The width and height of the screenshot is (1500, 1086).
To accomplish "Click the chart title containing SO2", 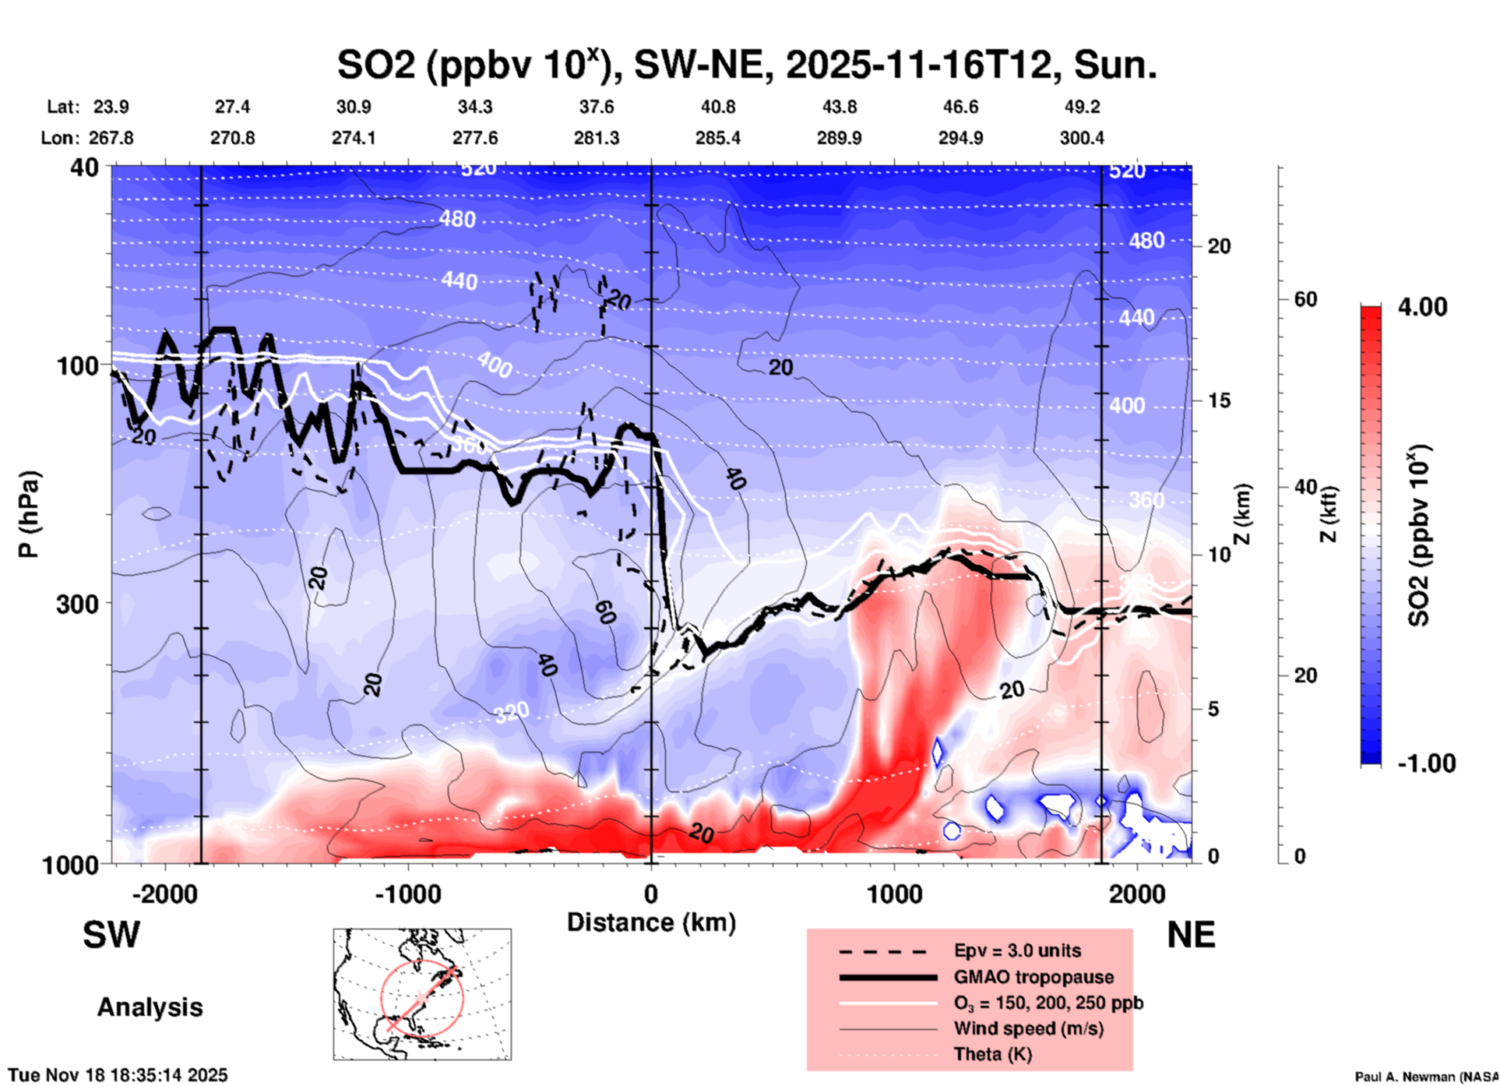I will [x=746, y=65].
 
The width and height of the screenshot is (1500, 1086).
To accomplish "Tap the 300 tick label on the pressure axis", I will [x=78, y=604].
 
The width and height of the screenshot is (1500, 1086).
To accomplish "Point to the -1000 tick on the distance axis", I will [x=408, y=894].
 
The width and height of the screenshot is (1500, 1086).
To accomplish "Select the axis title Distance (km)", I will [x=651, y=922].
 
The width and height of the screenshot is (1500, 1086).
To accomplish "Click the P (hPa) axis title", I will [x=28, y=514].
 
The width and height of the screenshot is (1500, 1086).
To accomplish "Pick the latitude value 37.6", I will [x=597, y=107].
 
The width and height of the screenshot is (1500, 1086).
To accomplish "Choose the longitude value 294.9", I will [x=960, y=138].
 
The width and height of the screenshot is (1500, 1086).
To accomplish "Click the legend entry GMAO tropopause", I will [x=1033, y=977].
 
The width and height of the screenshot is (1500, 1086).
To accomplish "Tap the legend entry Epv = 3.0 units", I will [x=1017, y=950].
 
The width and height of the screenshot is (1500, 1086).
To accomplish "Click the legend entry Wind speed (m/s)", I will [x=1028, y=1028].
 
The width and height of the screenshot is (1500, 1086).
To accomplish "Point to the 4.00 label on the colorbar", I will [x=1422, y=306].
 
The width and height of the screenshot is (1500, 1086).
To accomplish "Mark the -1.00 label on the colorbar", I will [x=1426, y=763].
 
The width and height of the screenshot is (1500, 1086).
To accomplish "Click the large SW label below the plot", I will [x=111, y=935].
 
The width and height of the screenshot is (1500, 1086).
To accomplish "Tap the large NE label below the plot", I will [x=1191, y=935].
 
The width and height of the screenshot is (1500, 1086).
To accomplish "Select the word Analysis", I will [x=150, y=1007].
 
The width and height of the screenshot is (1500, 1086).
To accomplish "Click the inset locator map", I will [x=422, y=994].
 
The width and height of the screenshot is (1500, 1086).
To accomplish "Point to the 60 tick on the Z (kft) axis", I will [x=1305, y=299].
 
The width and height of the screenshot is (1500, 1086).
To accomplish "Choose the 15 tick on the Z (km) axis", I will [x=1219, y=400].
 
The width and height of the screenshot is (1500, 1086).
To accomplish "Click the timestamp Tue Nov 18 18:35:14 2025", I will [x=118, y=1075].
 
